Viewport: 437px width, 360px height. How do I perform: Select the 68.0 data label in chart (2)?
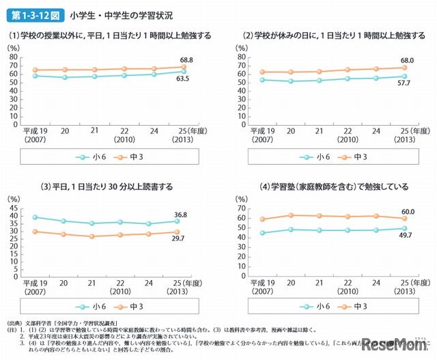click(408, 60)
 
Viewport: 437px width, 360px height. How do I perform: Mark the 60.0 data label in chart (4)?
click(408, 212)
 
